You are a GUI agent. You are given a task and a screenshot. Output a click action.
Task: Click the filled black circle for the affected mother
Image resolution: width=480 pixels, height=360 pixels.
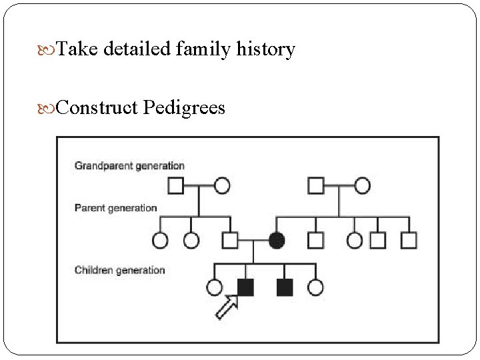[x=277, y=239]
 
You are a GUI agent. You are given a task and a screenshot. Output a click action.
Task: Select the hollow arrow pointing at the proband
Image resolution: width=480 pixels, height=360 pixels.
[x=225, y=308]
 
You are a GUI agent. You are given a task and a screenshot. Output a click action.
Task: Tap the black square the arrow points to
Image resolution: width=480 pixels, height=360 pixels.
[x=245, y=287]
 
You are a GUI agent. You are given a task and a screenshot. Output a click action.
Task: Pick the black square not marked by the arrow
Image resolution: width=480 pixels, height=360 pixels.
[x=285, y=287]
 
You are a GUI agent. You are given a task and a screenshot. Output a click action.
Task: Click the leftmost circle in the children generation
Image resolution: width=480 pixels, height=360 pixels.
[x=214, y=287]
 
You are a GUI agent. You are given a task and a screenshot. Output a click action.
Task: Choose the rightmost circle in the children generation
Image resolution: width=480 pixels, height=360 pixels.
[x=315, y=287]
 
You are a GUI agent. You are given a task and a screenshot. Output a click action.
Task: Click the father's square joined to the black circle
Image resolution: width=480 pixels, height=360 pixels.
[x=230, y=239]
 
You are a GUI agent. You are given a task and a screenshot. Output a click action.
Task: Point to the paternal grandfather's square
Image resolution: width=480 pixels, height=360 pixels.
[x=175, y=185]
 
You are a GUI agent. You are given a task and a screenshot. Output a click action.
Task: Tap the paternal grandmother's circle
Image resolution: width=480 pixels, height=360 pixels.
[x=222, y=185]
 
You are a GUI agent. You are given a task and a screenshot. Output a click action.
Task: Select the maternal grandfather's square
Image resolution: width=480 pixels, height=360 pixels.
[x=315, y=185]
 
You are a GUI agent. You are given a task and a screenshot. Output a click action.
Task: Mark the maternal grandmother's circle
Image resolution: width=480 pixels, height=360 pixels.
[x=362, y=185]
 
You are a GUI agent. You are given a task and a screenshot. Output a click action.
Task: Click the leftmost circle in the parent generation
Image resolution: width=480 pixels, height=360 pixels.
[x=160, y=239]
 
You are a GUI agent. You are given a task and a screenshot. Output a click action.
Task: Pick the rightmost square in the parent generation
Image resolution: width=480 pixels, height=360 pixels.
[x=409, y=239]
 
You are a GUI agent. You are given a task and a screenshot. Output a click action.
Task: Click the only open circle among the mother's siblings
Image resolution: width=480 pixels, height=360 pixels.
[x=355, y=239]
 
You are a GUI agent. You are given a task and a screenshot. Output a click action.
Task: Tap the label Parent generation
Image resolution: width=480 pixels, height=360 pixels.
[x=115, y=208]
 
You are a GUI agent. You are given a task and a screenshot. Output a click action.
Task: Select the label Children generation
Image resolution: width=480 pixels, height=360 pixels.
[x=119, y=270]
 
